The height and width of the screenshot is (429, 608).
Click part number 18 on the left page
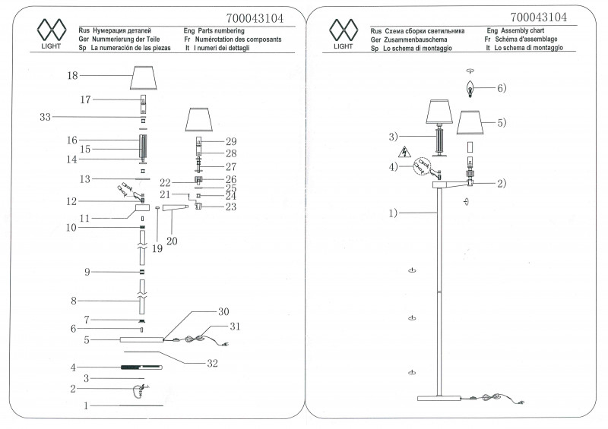pyautogui.click(x=73, y=75)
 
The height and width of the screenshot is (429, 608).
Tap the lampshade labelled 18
pyautogui.click(x=149, y=77)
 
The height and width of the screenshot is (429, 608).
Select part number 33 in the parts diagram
pyautogui.click(x=45, y=117)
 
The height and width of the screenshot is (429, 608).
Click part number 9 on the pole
pyautogui.click(x=87, y=272)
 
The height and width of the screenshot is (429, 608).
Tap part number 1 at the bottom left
pyautogui.click(x=86, y=406)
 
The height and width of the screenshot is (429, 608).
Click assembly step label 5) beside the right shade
pyautogui.click(x=502, y=122)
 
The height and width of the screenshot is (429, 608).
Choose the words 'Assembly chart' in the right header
pyautogui.click(x=529, y=28)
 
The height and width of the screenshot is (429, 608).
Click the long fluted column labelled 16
pyautogui.click(x=143, y=144)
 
